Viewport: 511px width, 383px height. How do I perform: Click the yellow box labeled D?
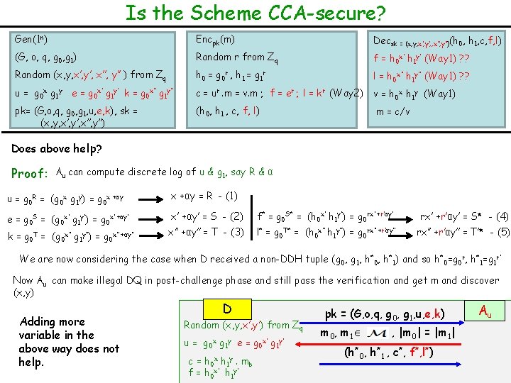(227, 309)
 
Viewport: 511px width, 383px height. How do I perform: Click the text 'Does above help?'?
(57, 150)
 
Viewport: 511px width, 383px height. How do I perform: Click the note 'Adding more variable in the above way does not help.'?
(69, 342)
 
